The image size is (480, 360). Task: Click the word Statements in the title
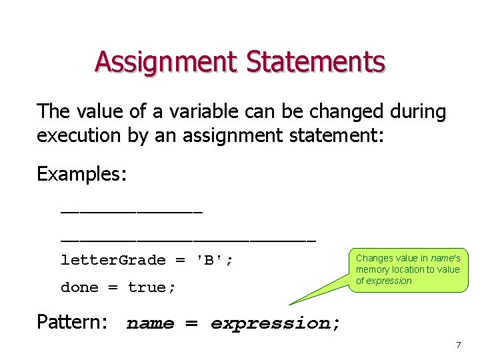(315, 62)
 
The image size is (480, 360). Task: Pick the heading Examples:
(81, 174)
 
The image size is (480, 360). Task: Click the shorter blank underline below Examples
(131, 213)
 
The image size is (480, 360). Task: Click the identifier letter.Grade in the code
(113, 260)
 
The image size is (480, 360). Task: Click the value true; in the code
(152, 287)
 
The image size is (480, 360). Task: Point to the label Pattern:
(72, 323)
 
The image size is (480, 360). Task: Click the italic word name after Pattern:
(150, 324)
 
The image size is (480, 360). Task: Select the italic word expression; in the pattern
(275, 324)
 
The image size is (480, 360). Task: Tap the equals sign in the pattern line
(191, 324)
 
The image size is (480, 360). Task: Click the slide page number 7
(458, 345)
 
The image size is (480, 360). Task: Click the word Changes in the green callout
(374, 258)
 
